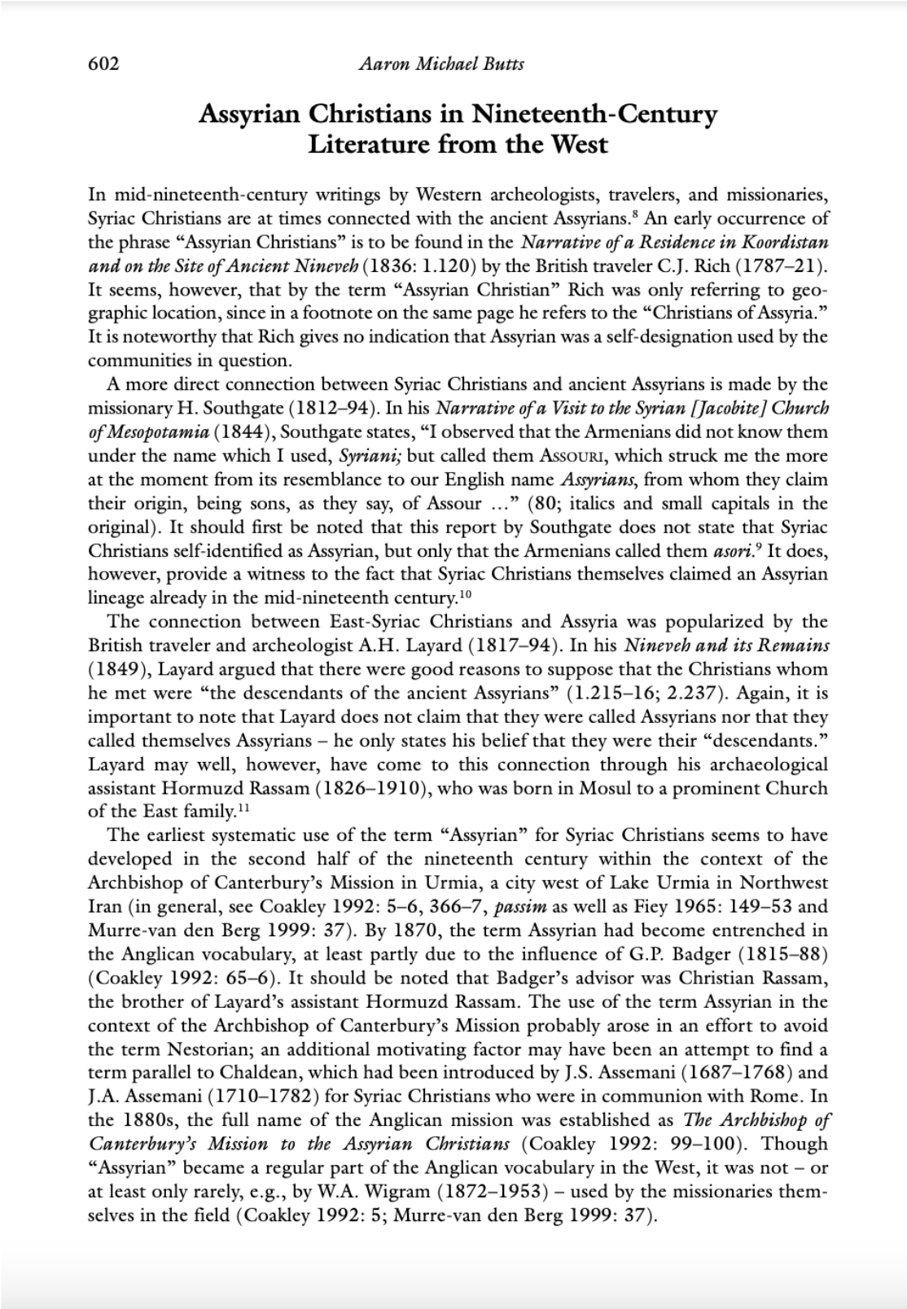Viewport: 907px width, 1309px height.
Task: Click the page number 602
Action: [103, 64]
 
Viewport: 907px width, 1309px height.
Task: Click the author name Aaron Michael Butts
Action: [440, 64]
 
